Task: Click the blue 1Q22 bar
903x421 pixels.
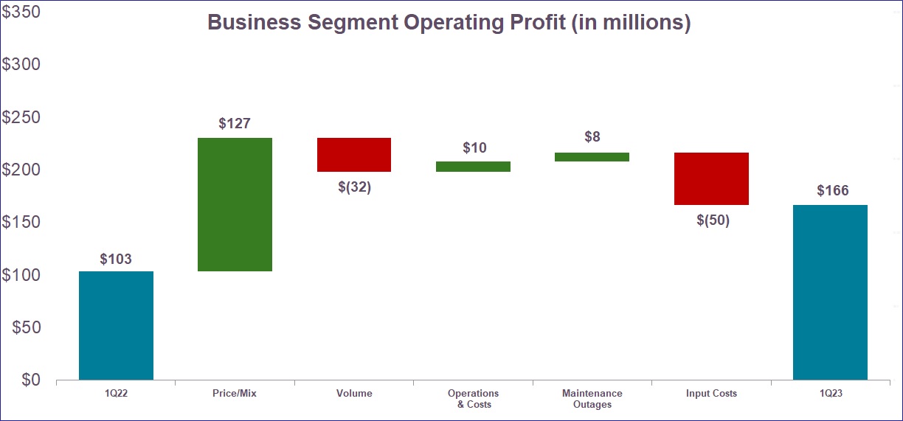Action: pyautogui.click(x=116, y=325)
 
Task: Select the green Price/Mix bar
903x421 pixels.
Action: pyautogui.click(x=235, y=204)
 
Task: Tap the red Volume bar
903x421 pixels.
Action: pyautogui.click(x=354, y=155)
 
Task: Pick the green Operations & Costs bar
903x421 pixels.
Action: pyautogui.click(x=473, y=167)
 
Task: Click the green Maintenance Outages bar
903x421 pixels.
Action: pyautogui.click(x=592, y=157)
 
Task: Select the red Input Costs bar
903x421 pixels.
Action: pyautogui.click(x=711, y=178)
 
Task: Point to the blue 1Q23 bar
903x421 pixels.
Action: pyautogui.click(x=830, y=292)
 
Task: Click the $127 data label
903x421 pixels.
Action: pyautogui.click(x=235, y=124)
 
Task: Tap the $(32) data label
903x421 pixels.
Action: pyautogui.click(x=354, y=187)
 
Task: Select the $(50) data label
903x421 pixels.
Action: pyautogui.click(x=713, y=220)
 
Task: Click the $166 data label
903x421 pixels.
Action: pyautogui.click(x=832, y=191)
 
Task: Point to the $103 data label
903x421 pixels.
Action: pyautogui.click(x=116, y=259)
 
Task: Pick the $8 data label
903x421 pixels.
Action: pyautogui.click(x=592, y=137)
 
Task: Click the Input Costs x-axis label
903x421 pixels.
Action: pyautogui.click(x=711, y=394)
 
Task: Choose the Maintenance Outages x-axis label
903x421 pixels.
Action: pyautogui.click(x=592, y=399)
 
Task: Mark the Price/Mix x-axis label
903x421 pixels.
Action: pyautogui.click(x=235, y=394)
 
